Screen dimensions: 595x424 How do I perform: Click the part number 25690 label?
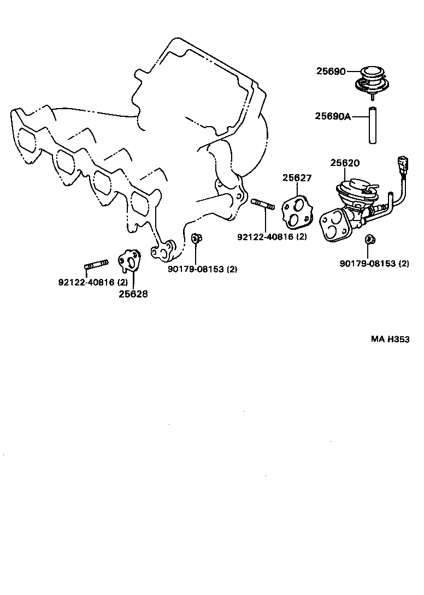coord(331,71)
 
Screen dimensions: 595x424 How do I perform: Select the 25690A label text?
coord(333,116)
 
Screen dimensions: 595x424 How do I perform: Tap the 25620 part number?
coord(344,163)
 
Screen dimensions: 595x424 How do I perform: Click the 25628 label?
coord(133,293)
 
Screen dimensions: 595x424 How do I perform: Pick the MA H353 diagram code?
coord(390,339)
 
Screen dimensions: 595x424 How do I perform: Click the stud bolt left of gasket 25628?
coord(96,266)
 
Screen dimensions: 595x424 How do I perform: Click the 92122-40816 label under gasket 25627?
coord(272,237)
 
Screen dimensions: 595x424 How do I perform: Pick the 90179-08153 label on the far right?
coord(374,263)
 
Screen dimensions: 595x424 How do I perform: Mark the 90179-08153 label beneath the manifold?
coord(202,269)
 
